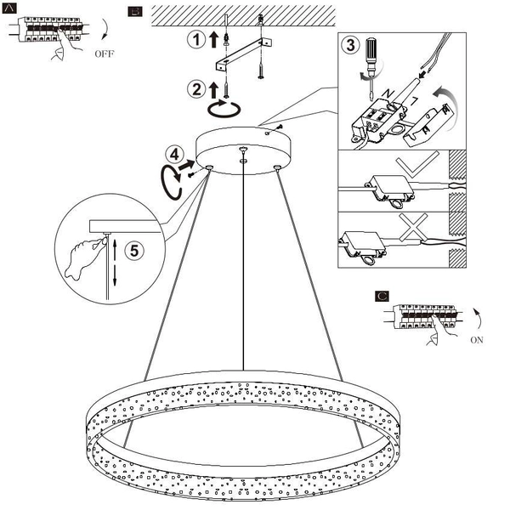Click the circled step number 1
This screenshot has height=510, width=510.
(195, 39)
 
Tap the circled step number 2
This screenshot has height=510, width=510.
(195, 87)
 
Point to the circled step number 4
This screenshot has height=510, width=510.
(174, 155)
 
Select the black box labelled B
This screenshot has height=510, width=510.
(133, 11)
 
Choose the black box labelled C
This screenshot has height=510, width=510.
(382, 297)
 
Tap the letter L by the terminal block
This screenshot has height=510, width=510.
(413, 101)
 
